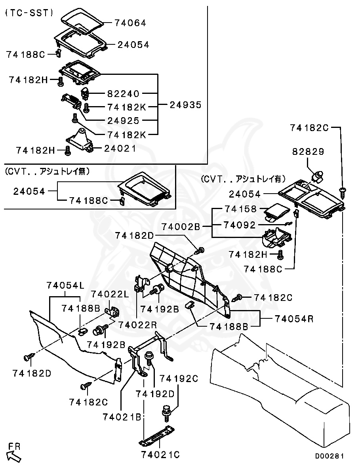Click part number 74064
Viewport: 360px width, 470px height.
[130, 23]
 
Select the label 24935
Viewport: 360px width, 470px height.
[186, 105]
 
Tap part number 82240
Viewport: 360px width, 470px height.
[124, 94]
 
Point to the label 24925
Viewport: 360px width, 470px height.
[124, 121]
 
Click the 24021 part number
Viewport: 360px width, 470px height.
[120, 148]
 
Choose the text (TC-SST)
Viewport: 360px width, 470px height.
[29, 13]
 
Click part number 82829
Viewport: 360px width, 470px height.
[308, 152]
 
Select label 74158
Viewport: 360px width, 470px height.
[241, 209]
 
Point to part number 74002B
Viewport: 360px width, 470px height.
[181, 226]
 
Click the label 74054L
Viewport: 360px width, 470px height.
[66, 285]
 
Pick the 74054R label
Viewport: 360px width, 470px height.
[294, 319]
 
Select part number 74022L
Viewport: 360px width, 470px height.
[110, 294]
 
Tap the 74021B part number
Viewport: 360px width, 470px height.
[122, 417]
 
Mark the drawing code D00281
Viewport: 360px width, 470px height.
[329, 456]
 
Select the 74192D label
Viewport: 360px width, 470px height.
[155, 394]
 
